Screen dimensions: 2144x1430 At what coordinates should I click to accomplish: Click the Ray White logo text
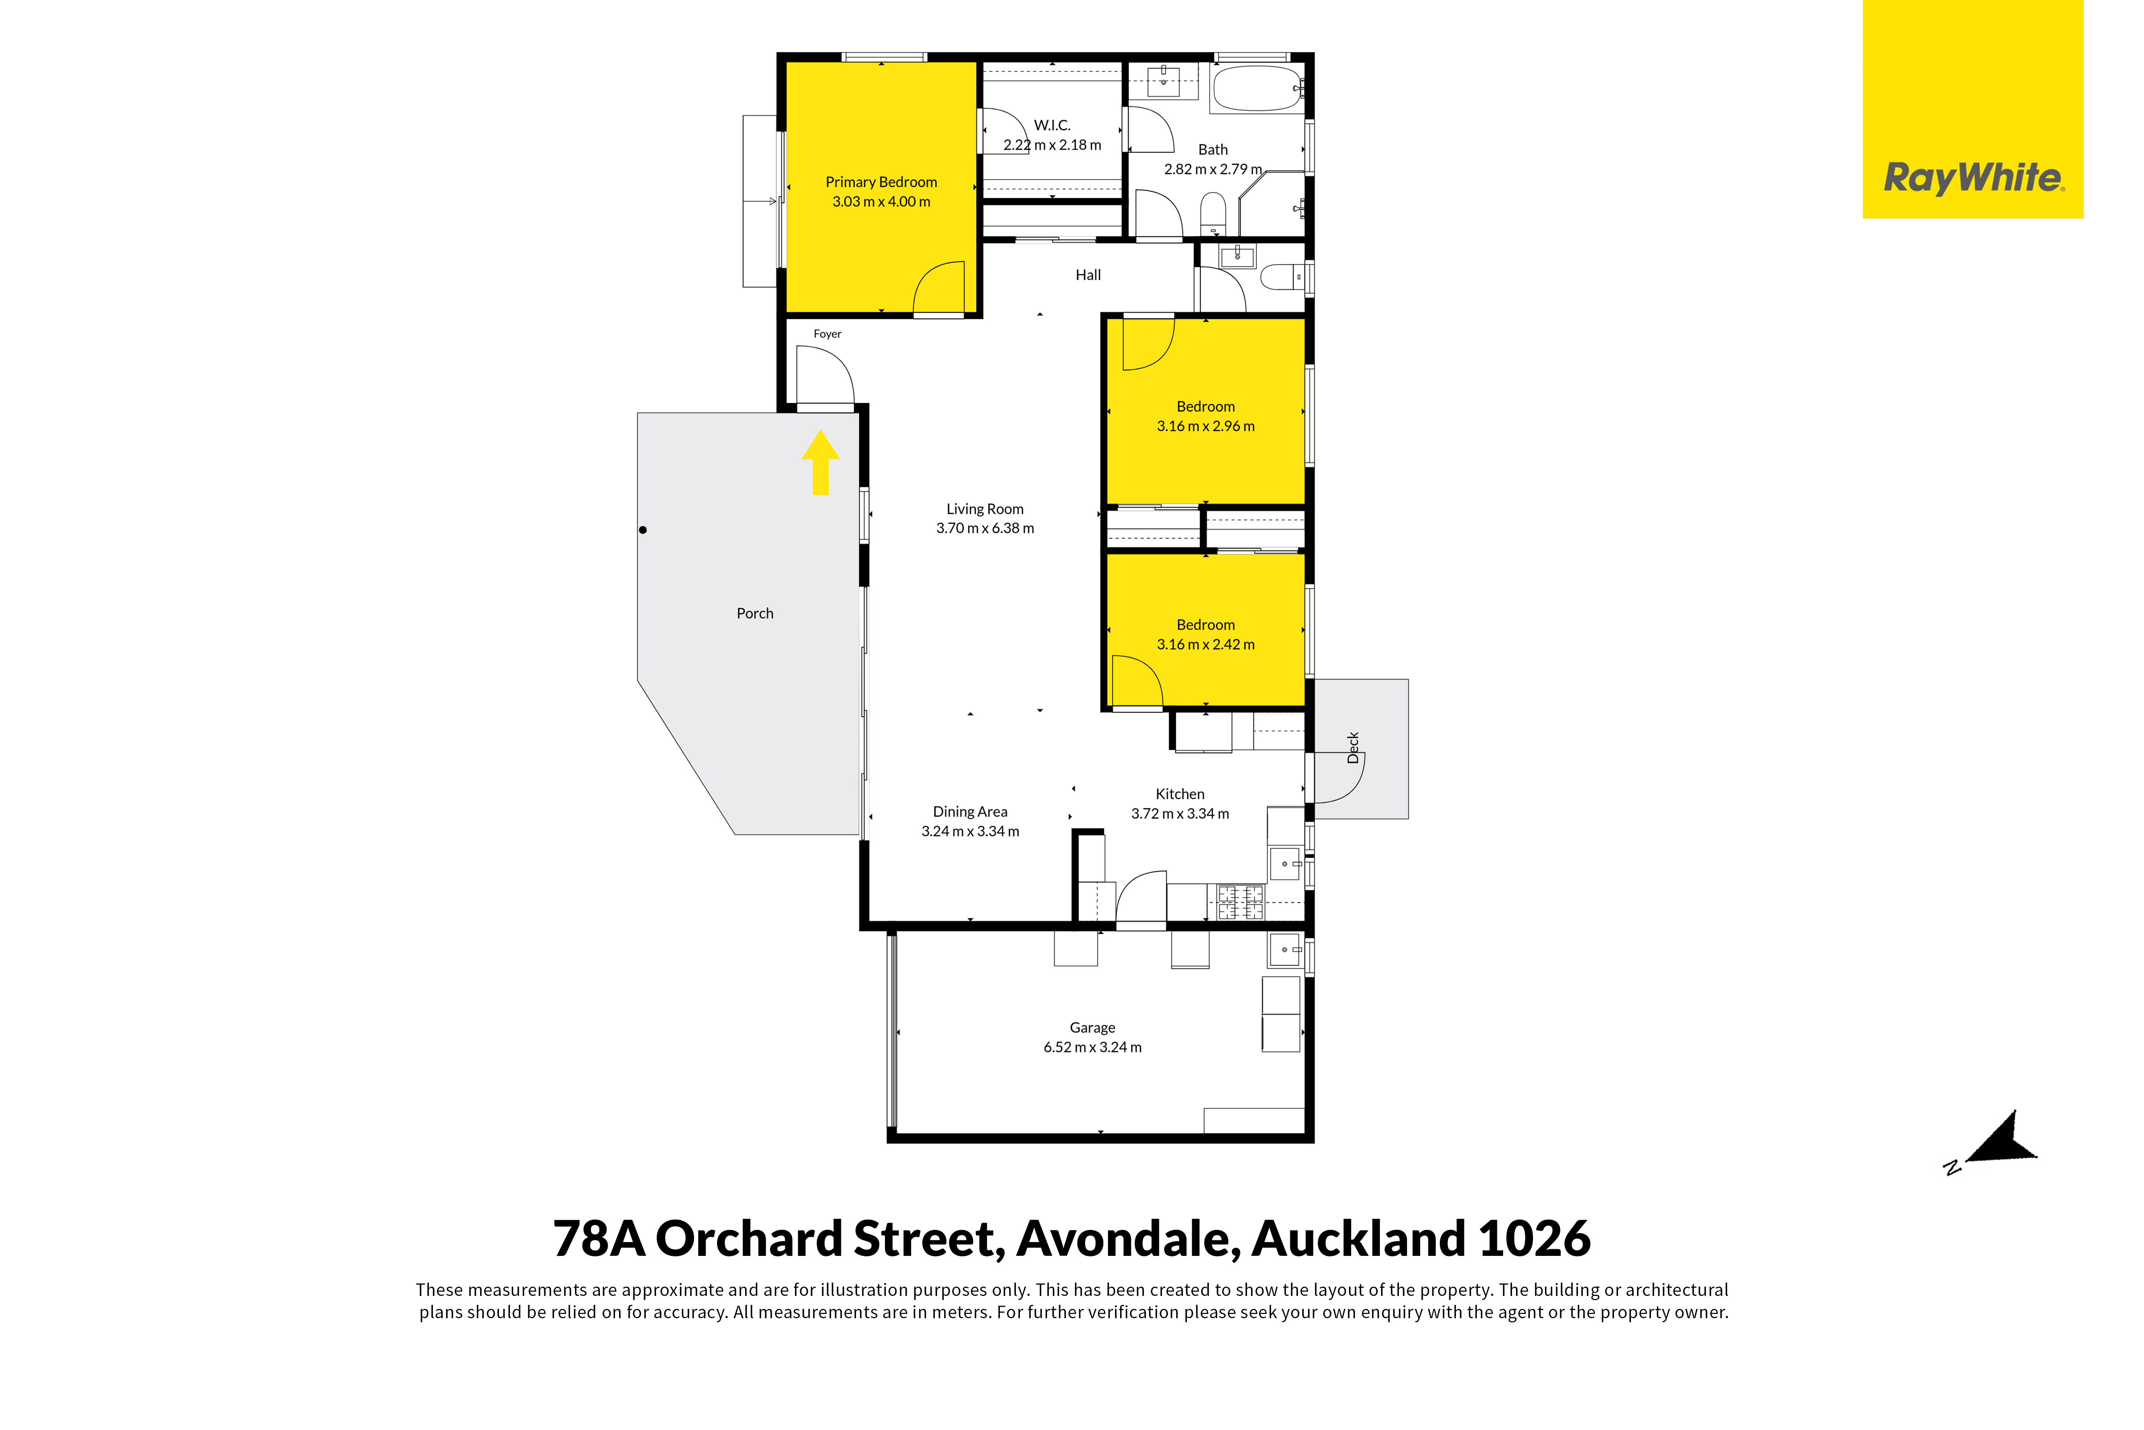click(1973, 178)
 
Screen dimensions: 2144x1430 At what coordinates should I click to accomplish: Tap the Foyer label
click(827, 334)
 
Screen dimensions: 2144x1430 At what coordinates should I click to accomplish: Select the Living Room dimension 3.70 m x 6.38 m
click(985, 528)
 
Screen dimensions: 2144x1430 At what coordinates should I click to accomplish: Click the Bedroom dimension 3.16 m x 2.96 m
click(1206, 426)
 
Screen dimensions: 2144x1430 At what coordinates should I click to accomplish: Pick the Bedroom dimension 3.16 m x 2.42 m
click(1206, 644)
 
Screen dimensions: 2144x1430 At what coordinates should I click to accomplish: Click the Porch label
click(755, 614)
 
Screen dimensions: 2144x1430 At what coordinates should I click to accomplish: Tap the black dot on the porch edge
click(643, 530)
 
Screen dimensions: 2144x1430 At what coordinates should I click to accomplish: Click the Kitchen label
click(1180, 794)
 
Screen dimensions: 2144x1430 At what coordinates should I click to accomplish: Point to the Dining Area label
click(970, 812)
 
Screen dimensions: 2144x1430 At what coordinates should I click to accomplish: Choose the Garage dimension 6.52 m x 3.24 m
click(1092, 1047)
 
